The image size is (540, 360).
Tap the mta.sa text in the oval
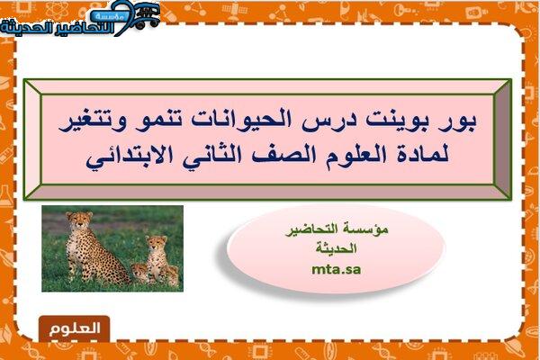click(336, 269)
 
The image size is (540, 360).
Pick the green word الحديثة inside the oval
click(336, 248)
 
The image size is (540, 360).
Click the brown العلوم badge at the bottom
click(75, 328)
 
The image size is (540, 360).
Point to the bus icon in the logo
click(145, 14)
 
